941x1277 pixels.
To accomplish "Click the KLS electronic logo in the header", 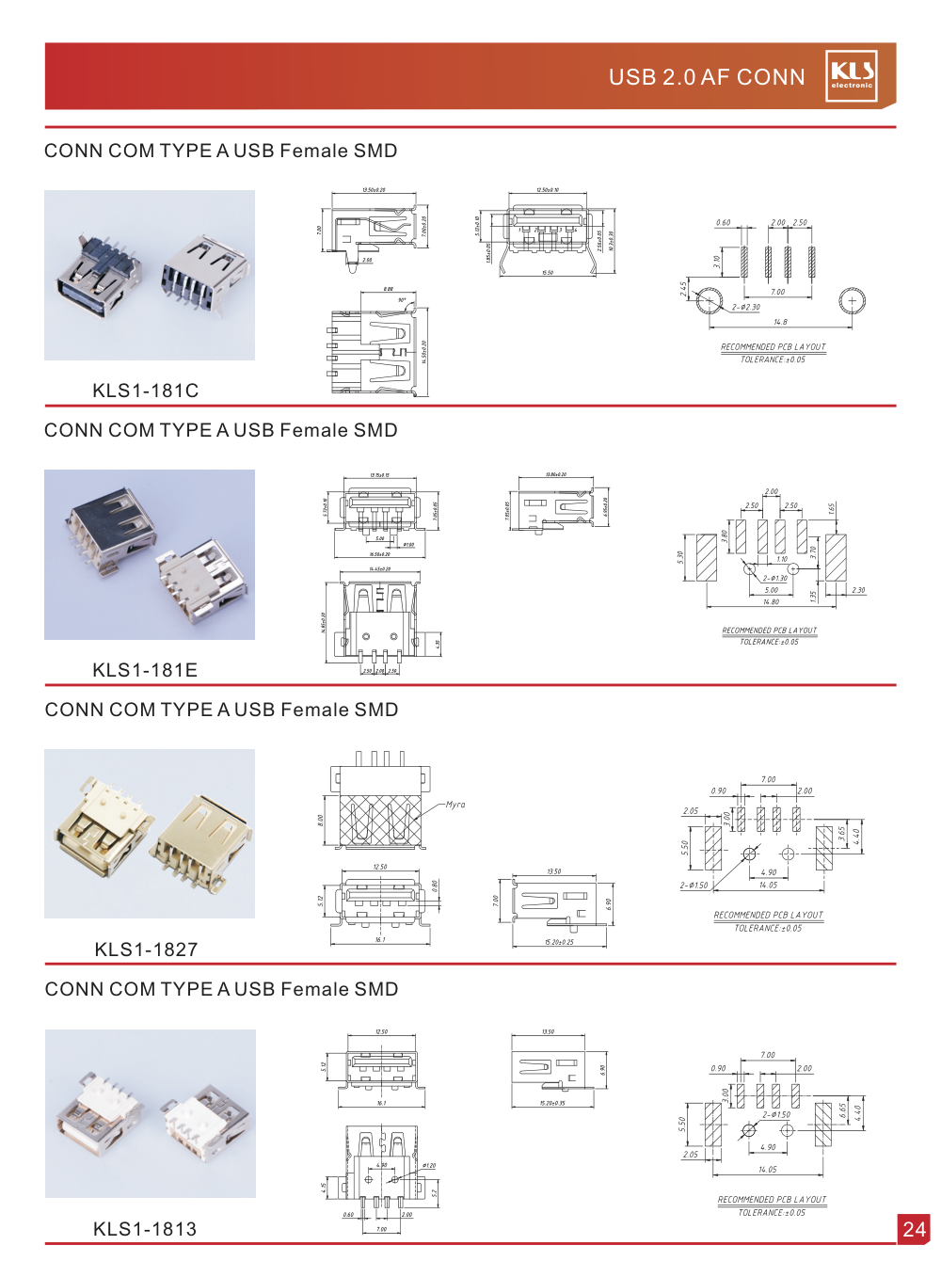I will click(852, 75).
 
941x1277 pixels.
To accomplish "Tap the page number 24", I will click(914, 1229).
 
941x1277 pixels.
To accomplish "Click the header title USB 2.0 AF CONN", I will click(707, 77).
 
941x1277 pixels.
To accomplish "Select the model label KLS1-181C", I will click(146, 391).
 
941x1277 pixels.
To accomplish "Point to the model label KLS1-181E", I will click(145, 670).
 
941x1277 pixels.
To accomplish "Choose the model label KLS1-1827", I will click(146, 950).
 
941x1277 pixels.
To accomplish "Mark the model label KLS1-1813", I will click(145, 1229).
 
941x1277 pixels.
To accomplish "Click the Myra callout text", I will click(455, 805).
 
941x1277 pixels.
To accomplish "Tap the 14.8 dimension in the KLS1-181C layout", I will click(780, 322).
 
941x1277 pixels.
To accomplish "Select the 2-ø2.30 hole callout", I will click(746, 307).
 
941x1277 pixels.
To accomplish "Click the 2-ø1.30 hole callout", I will click(775, 579).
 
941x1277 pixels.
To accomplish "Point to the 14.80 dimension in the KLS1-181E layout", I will click(771, 602).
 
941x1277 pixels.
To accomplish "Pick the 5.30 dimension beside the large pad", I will click(680, 557).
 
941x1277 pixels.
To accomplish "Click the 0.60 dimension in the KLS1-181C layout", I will click(723, 223).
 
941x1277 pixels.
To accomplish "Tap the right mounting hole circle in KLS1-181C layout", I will click(852, 301).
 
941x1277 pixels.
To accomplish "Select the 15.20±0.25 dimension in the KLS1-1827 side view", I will click(559, 942).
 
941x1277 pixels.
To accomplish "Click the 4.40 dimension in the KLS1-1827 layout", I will click(856, 834).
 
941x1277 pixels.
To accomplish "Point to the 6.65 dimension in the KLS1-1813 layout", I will click(843, 1110).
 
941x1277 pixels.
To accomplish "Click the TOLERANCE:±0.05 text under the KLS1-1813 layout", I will click(772, 1213).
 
